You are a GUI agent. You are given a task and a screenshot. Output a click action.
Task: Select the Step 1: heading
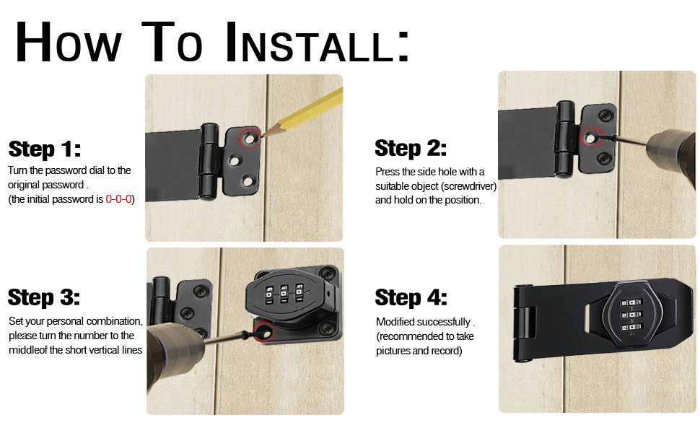click(x=45, y=149)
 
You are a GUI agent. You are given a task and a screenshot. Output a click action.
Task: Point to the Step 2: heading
click(x=411, y=149)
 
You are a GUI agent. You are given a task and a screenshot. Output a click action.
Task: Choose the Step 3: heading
click(x=44, y=297)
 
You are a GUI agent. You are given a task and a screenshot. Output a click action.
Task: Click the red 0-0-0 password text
click(x=118, y=199)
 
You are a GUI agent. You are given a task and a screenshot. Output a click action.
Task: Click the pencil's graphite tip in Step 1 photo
click(x=262, y=135)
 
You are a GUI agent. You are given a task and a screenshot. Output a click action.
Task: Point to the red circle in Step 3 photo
click(x=263, y=332)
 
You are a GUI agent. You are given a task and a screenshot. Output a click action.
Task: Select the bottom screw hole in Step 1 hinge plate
click(x=248, y=180)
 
